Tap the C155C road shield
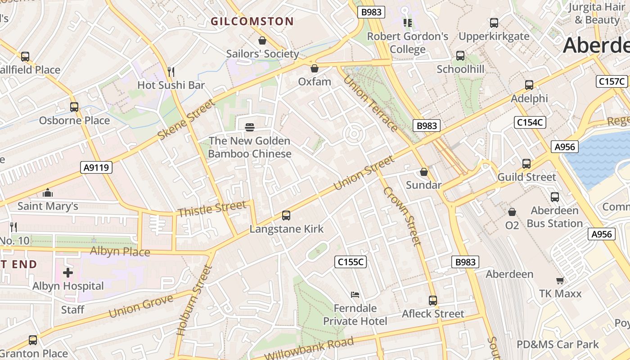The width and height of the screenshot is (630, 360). point(351,262)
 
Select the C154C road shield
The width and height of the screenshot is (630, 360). point(530,122)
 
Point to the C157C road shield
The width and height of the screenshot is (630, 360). point(612,81)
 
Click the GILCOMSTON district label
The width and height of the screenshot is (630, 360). point(252,21)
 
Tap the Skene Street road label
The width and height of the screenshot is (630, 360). point(187,120)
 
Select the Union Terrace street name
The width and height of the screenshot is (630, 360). point(370,103)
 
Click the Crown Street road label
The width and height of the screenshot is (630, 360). point(402,216)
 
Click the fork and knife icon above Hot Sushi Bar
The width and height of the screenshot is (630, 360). point(171,72)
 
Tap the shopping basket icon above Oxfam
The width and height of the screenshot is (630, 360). point(315,68)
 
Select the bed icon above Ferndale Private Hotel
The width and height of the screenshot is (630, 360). point(355,295)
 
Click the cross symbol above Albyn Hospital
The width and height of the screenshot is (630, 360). point(68,273)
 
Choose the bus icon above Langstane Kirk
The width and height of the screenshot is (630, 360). point(286,216)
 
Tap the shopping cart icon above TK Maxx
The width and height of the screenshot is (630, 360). point(560,280)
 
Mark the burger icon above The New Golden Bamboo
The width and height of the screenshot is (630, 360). point(250,127)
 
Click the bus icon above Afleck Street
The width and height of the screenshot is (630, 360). point(433,300)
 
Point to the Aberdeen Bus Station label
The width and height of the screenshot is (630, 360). point(554,217)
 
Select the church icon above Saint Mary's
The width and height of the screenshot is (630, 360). point(48,193)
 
